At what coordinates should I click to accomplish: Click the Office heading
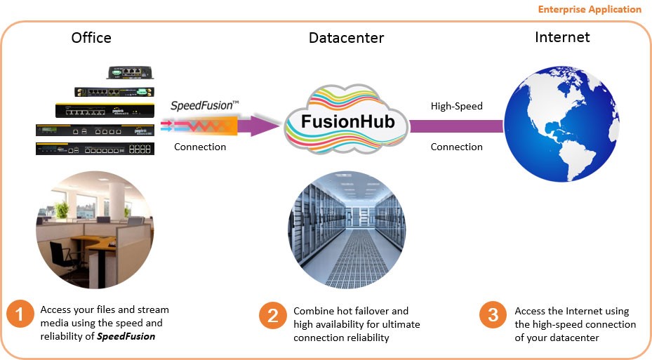pos(91,38)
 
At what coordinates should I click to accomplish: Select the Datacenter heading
pos(347,38)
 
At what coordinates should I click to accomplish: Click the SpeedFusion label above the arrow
pos(205,106)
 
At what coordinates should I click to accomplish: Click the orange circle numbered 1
pos(20,314)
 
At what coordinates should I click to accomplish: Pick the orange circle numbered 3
pos(493,315)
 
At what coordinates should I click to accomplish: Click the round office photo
pos(95,229)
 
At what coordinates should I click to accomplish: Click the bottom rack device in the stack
pos(95,148)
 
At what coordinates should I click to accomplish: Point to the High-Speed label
pos(456,107)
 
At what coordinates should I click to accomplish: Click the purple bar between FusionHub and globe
pos(456,126)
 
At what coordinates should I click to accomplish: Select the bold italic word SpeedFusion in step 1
pos(126,336)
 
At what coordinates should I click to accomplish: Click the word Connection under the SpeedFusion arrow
pos(200,147)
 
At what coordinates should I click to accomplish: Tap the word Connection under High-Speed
pos(456,147)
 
